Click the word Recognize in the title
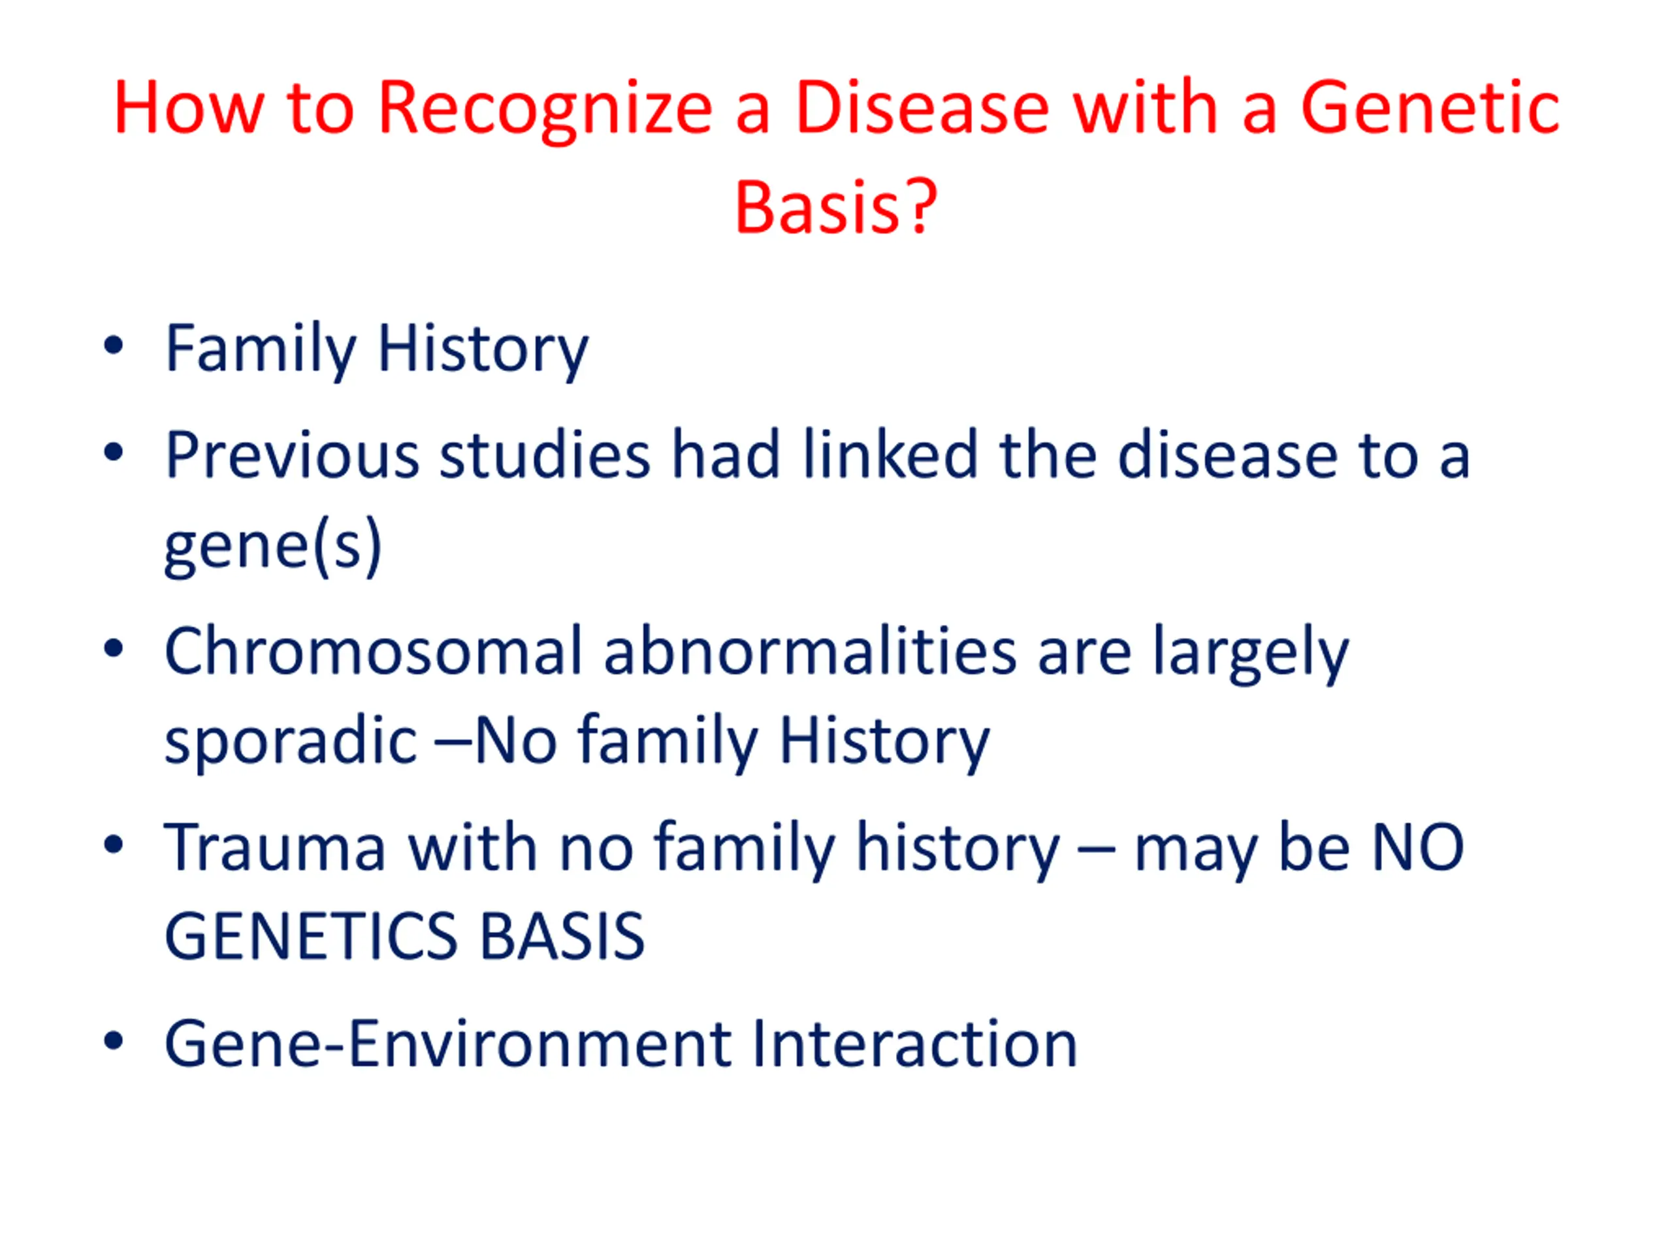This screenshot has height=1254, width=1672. [x=545, y=110]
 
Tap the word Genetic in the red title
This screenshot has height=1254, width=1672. [x=1429, y=108]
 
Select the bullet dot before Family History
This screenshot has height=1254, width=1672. [x=114, y=346]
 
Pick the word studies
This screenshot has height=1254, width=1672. [x=545, y=455]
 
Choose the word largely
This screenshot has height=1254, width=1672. [x=1250, y=654]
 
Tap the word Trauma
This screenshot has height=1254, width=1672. [x=275, y=848]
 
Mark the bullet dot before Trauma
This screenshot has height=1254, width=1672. [x=114, y=845]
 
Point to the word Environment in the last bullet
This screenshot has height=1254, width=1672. [x=540, y=1044]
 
